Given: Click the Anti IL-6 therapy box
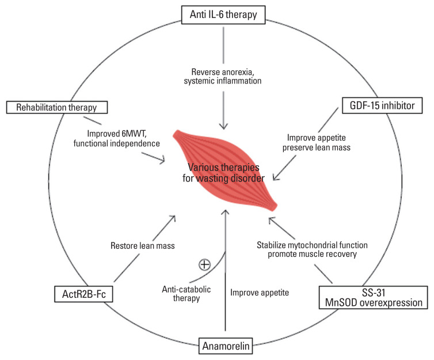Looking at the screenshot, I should pos(223,14).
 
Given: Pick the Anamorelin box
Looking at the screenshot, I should pos(223,347).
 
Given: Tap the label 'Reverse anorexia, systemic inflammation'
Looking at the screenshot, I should pos(223,77).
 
